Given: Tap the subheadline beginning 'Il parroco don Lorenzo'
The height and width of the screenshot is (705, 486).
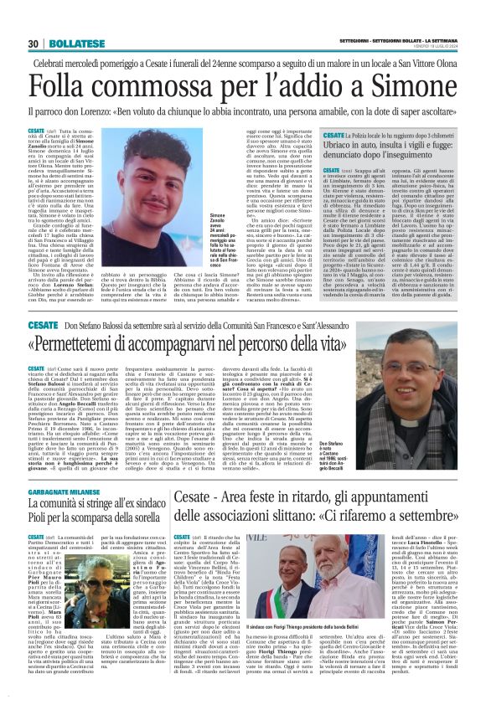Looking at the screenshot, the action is (x=242, y=111).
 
